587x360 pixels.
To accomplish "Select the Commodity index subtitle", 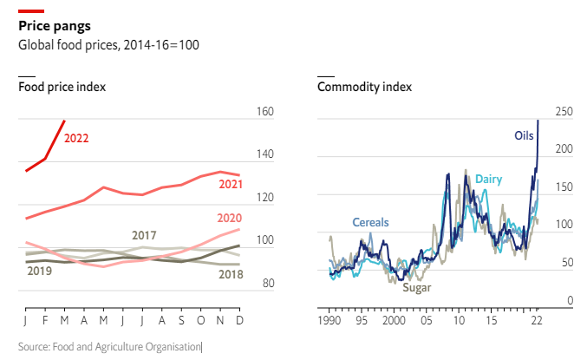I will [x=365, y=87].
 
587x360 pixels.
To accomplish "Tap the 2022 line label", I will [x=75, y=138].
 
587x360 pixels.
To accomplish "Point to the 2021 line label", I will [x=230, y=184].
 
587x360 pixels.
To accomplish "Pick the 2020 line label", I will [x=229, y=218].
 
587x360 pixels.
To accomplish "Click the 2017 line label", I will [x=144, y=235].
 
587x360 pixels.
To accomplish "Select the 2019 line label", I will [x=39, y=272].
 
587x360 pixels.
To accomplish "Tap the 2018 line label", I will [x=229, y=274].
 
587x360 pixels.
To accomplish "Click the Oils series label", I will [x=524, y=135].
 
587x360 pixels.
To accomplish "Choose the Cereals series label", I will [x=370, y=222].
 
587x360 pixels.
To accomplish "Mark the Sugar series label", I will [x=416, y=287].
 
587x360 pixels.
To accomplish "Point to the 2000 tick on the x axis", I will [x=394, y=320].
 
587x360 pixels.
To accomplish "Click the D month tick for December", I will [x=238, y=320].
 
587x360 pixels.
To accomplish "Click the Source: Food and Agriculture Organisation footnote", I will [x=110, y=347].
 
